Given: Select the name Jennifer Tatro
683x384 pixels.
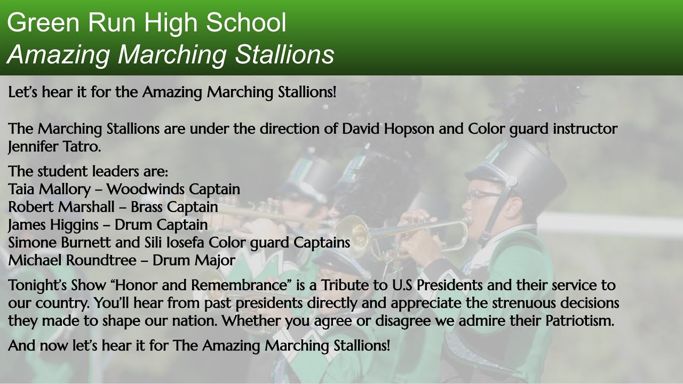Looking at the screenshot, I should [x=54, y=147].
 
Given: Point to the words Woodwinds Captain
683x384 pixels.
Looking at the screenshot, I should [x=173, y=189].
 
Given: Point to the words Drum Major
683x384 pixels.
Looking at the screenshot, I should [x=194, y=261].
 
